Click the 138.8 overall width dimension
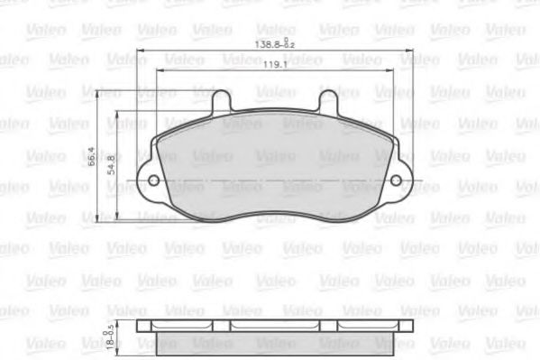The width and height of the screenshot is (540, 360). [x=266, y=43]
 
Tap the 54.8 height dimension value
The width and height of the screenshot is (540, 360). [x=111, y=167]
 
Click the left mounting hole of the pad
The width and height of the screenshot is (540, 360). [x=153, y=181]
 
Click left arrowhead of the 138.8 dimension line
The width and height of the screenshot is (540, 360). [x=141, y=49]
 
